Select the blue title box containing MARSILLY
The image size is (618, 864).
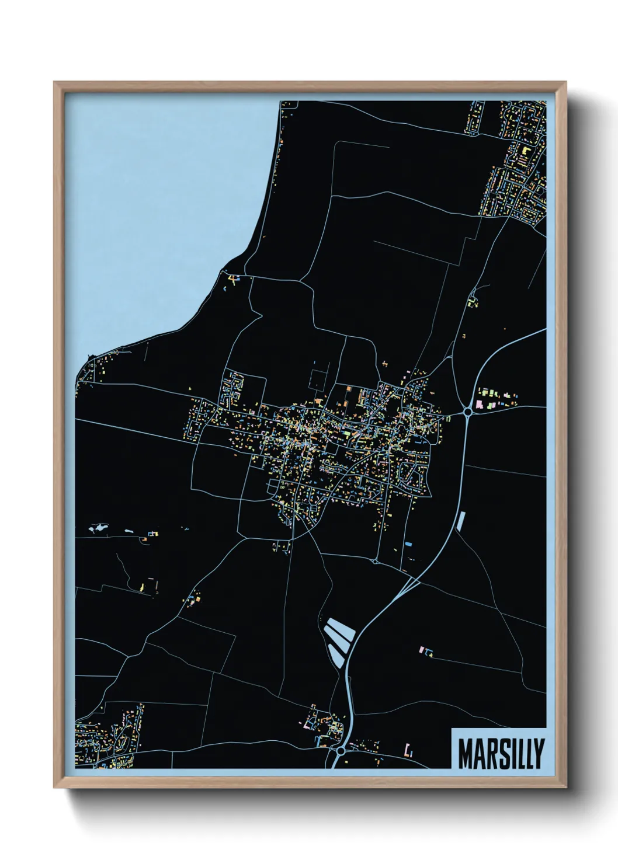[x=499, y=748]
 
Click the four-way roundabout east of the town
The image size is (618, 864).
[x=467, y=412]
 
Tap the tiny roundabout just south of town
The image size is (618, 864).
[x=374, y=562]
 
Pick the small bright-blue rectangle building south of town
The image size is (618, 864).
[x=409, y=544]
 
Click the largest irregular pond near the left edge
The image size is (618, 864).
[x=98, y=529]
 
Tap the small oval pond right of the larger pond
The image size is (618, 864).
[x=129, y=531]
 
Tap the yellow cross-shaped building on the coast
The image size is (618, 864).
[x=234, y=280]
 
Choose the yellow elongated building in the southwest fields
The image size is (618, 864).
[x=143, y=586]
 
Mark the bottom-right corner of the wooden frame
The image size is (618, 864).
[x=565, y=788]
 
